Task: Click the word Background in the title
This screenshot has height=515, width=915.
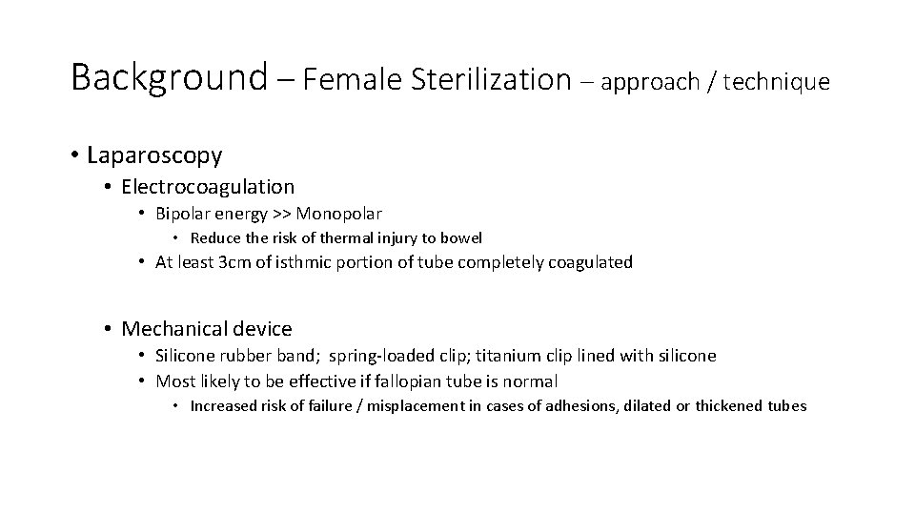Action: coord(170,77)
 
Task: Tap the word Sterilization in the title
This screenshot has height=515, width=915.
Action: coord(491,79)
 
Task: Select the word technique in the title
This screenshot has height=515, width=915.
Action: coord(777,82)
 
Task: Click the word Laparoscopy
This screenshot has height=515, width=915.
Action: coord(154,154)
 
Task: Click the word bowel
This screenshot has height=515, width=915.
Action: coord(463,237)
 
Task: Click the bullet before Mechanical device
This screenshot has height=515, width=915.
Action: coord(109,329)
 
